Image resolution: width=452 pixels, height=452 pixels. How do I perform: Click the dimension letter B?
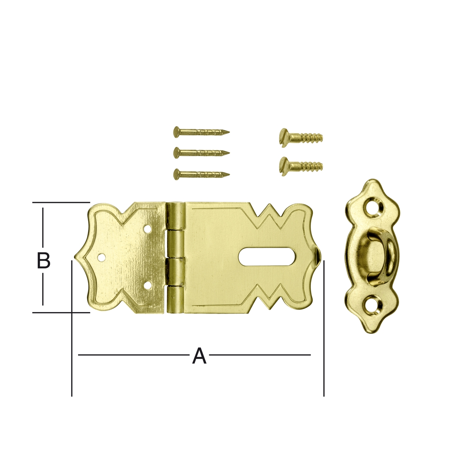tap(44, 260)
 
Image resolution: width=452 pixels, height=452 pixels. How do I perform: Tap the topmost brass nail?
tap(201, 132)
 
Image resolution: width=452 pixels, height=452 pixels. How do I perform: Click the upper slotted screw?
tap(301, 137)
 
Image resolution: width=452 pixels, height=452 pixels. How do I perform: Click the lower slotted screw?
tap(301, 166)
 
